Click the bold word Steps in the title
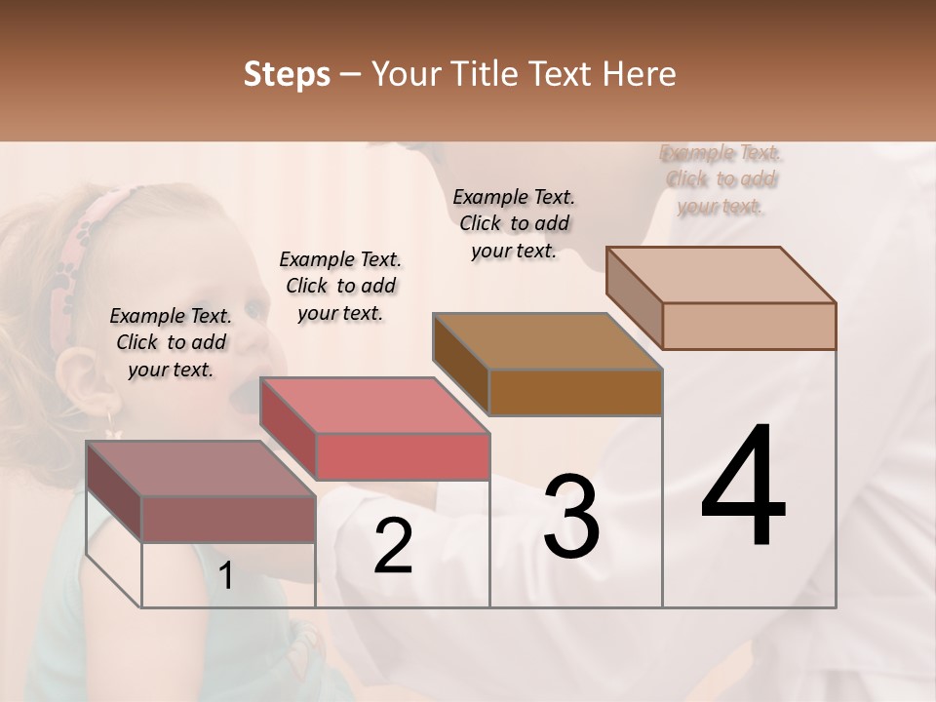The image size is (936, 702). (287, 74)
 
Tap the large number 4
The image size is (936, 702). (743, 487)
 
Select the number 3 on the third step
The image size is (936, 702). (571, 517)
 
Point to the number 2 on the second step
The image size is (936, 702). (393, 546)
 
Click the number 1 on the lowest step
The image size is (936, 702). (225, 576)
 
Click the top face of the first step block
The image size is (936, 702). (200, 469)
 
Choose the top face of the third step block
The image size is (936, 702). (547, 341)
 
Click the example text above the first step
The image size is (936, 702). (171, 342)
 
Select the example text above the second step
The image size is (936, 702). (340, 286)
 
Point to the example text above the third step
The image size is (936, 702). (514, 223)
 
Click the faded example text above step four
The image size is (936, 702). (721, 179)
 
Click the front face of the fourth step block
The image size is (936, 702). (749, 326)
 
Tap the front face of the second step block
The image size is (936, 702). (402, 456)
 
